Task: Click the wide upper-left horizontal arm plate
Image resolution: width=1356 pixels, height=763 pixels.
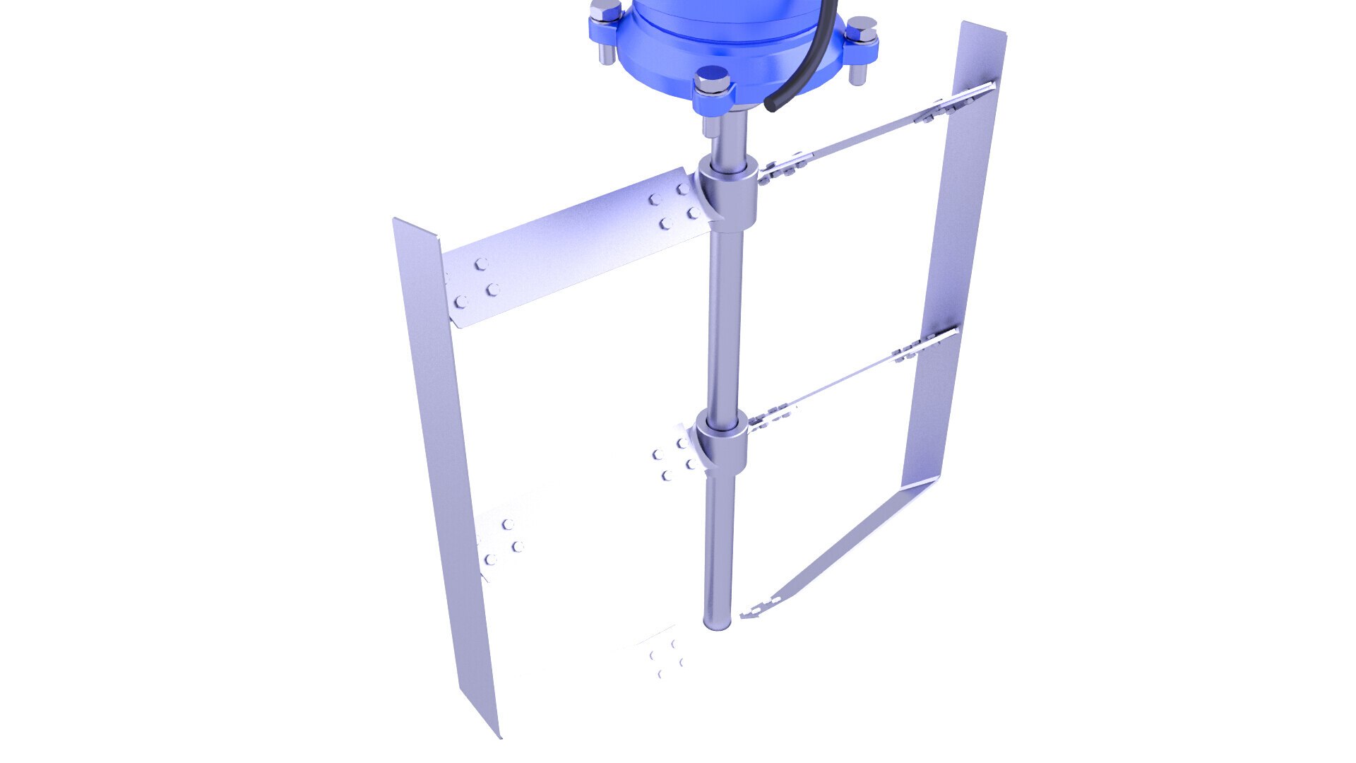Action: coord(572,247)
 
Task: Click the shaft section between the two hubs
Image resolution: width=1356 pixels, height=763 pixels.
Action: coord(721,318)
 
